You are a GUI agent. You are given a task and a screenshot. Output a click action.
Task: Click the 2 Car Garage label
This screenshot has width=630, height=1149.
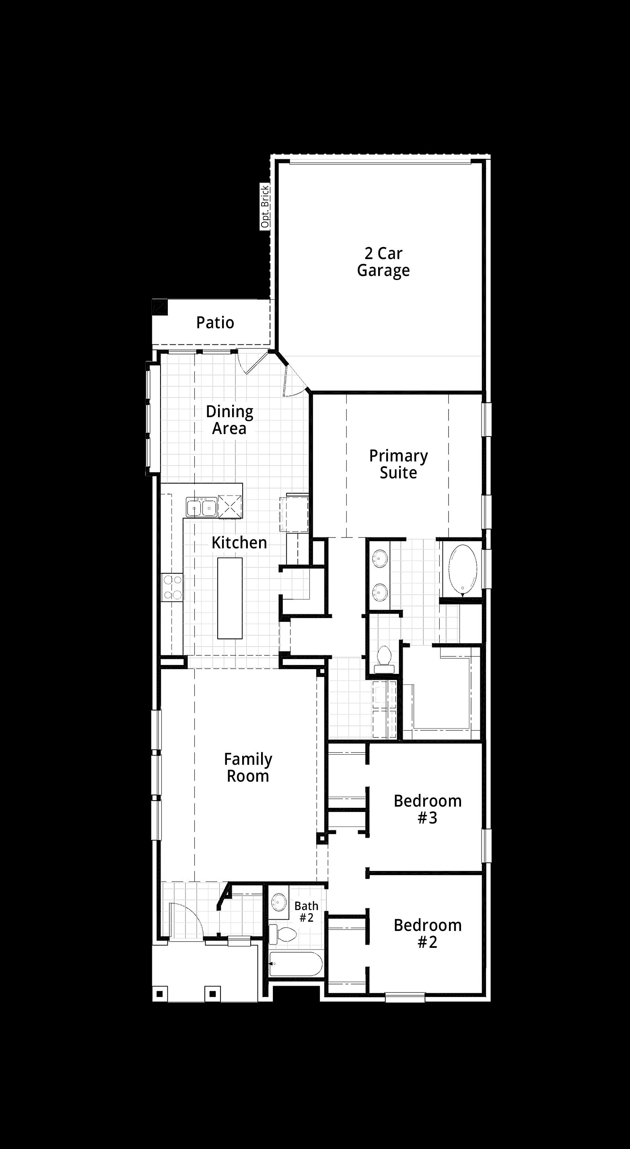click(383, 262)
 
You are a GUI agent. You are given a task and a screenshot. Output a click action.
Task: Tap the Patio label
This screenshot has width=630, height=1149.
click(215, 323)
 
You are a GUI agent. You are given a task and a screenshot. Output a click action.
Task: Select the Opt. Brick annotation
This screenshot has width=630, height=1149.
click(266, 207)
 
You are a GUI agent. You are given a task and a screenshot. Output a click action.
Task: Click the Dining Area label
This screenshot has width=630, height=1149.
click(229, 420)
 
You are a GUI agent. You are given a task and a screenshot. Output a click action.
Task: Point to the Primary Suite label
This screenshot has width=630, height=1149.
click(398, 464)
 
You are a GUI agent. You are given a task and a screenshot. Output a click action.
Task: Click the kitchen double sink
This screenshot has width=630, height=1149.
click(202, 507)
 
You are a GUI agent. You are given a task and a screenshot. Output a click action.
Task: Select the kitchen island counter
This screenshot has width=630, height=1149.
click(230, 598)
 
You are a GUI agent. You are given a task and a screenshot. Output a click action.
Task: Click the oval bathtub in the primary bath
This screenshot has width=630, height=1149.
click(463, 570)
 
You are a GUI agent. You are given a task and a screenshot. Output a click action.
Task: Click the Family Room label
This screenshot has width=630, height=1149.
click(248, 768)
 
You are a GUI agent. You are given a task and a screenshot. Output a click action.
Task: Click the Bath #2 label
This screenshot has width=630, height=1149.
click(307, 912)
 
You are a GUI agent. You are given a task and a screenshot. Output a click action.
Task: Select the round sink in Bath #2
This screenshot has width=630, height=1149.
click(279, 902)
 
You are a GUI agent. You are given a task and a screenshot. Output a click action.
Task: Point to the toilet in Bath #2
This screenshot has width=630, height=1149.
click(283, 934)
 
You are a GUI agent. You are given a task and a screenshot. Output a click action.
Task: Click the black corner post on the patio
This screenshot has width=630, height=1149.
click(160, 307)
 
